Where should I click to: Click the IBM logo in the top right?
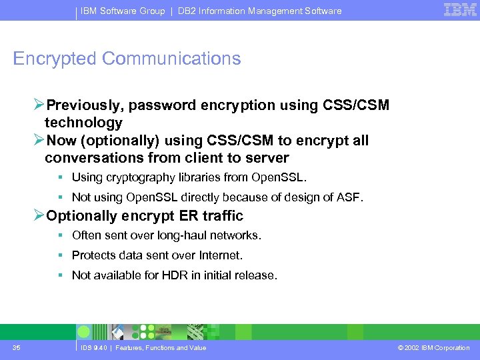[x=460, y=10]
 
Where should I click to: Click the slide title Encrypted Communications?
[x=127, y=59]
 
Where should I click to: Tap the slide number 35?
[x=16, y=347]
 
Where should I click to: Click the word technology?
[x=83, y=123]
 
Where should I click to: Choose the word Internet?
[x=223, y=255]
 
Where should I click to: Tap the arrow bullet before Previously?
[x=39, y=105]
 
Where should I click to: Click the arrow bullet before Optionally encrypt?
[x=39, y=215]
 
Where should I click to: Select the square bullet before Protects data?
[x=60, y=255]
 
